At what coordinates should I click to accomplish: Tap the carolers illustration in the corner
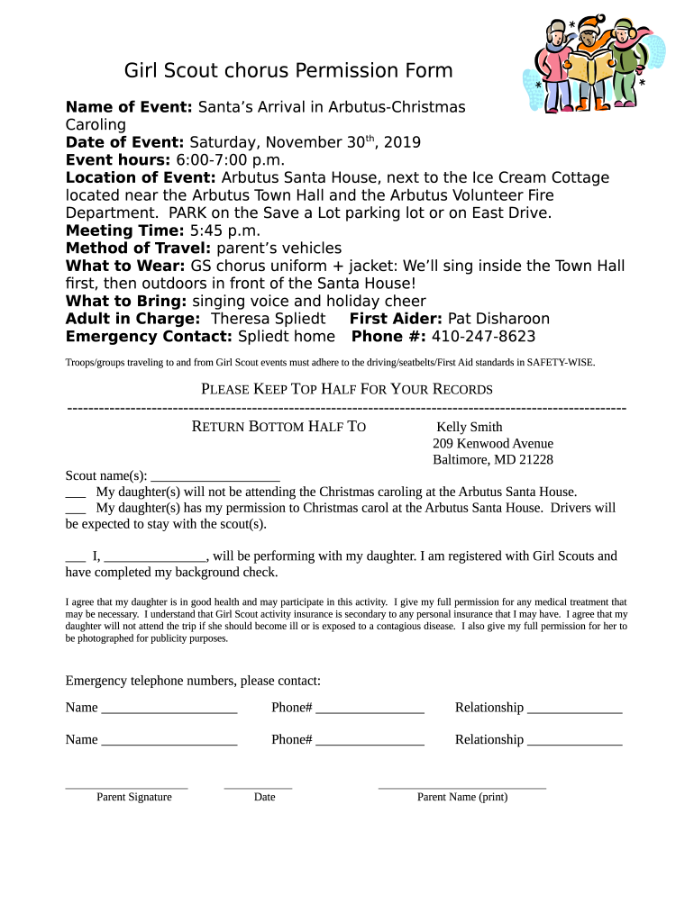pos(585,64)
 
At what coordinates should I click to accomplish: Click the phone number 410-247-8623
pos(483,336)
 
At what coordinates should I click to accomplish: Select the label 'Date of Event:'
pos(125,142)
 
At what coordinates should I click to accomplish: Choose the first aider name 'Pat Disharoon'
pos(498,319)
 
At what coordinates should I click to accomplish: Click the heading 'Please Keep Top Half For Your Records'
pos(345,390)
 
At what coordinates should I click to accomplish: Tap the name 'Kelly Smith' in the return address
pos(470,427)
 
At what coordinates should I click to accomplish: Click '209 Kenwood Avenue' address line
pos(493,443)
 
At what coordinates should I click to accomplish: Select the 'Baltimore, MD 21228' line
pos(493,459)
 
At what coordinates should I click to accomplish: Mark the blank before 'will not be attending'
pos(76,494)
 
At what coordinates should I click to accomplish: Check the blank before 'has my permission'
pos(76,511)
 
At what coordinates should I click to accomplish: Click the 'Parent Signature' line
pos(126,787)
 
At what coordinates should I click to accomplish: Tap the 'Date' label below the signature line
pos(264,797)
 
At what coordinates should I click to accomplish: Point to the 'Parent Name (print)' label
pos(461,797)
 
